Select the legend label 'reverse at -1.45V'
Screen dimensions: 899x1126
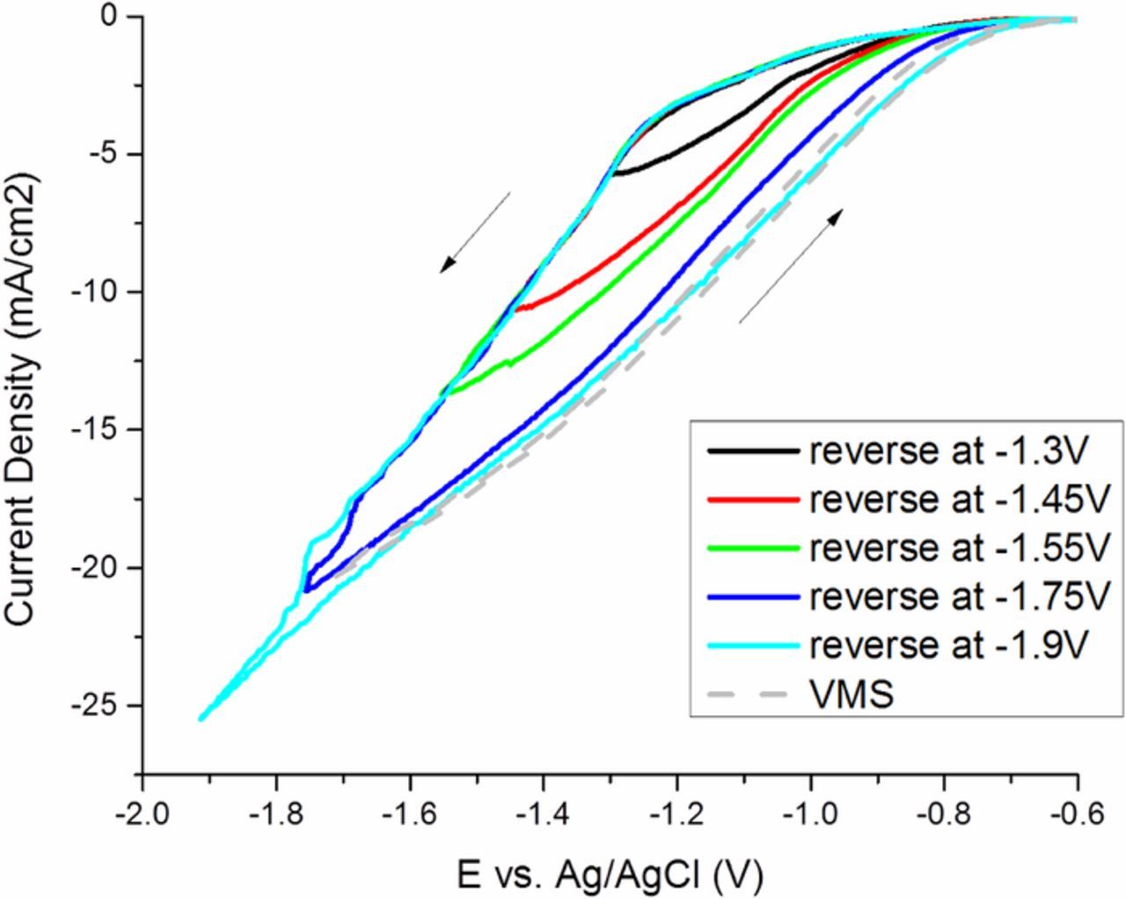[957, 500]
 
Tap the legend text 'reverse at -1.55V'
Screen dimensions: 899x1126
[957, 548]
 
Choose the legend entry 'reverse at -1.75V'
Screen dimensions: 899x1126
[957, 597]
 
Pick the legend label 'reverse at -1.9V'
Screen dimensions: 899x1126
[949, 646]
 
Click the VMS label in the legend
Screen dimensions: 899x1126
[852, 695]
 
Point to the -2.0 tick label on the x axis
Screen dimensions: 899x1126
[142, 813]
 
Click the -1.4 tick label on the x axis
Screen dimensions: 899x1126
[543, 813]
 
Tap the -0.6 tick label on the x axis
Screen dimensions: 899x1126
[1077, 813]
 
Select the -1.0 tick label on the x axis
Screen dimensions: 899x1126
[810, 813]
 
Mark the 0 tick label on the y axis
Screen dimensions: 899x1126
[120, 17]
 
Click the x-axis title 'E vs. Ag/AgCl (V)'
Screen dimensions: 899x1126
[610, 874]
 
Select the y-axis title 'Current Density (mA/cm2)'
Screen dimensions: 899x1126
[23, 400]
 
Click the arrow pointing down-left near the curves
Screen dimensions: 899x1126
[475, 232]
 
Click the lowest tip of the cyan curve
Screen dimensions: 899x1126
[201, 719]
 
